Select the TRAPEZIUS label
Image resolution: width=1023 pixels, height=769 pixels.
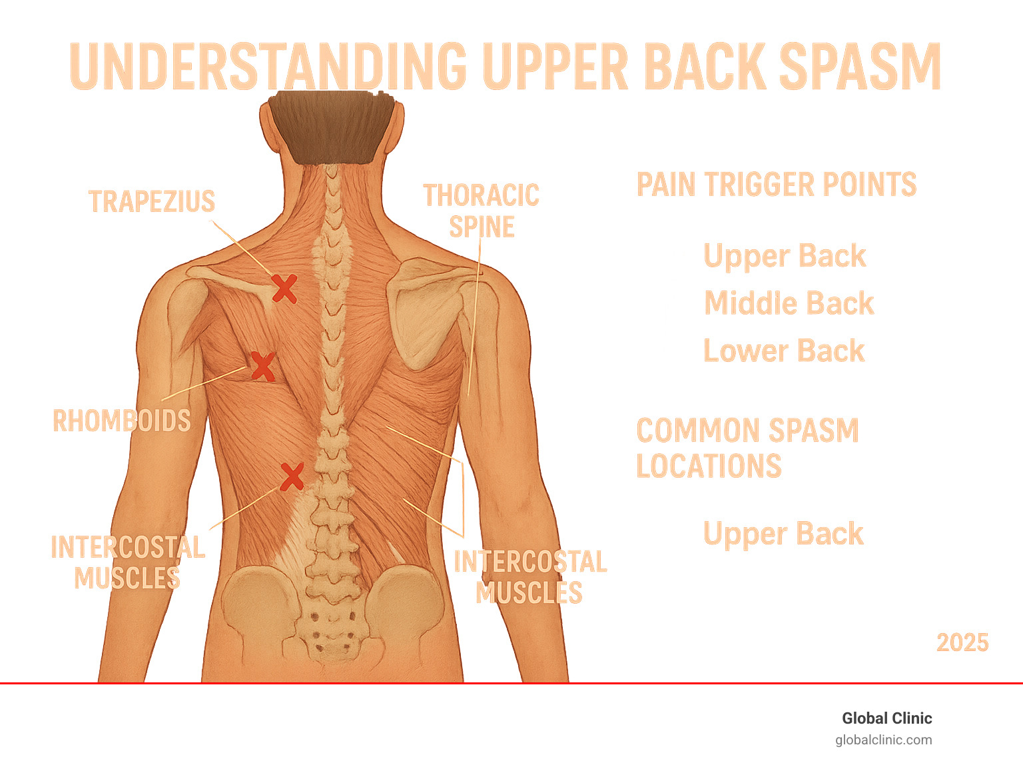152,201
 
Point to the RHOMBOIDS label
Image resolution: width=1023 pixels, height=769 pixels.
122,421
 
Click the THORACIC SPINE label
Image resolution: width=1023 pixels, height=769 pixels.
482,211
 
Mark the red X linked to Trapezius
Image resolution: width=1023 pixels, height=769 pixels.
284,289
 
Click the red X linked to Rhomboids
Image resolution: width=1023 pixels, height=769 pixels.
262,367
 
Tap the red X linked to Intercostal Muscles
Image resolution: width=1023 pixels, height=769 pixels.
292,476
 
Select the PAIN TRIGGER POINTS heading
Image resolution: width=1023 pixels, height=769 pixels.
777,185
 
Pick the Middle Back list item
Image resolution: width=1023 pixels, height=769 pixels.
789,303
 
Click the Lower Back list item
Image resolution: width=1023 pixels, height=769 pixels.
784,351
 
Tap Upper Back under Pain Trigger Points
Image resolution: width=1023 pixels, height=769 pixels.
785,256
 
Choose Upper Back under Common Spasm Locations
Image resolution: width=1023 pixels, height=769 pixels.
783,534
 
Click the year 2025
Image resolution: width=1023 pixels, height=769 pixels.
962,642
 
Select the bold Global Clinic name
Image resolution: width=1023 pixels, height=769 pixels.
886,718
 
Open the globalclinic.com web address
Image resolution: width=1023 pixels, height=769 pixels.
884,740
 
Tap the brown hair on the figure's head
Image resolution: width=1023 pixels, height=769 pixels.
331,127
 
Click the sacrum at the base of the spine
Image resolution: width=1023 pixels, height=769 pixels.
331,633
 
